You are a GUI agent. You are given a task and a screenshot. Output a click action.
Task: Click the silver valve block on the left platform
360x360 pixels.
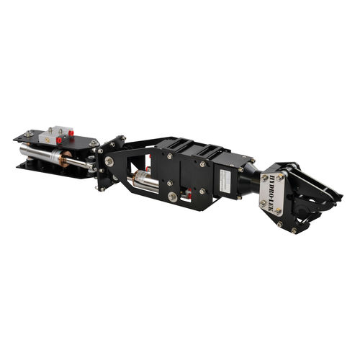tap(57, 134)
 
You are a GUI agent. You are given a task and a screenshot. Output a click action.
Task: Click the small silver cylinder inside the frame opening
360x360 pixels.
tap(147, 180)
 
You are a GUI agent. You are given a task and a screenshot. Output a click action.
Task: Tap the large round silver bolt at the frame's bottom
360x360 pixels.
tap(173, 197)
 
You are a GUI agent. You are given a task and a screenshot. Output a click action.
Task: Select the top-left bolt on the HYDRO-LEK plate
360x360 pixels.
tap(265, 176)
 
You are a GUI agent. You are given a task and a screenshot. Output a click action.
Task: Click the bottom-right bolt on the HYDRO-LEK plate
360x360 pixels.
tap(279, 212)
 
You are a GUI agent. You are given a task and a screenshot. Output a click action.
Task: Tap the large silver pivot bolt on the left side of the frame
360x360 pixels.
tap(109, 161)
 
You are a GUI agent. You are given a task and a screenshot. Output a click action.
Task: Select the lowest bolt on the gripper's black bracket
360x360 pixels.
tap(294, 230)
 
